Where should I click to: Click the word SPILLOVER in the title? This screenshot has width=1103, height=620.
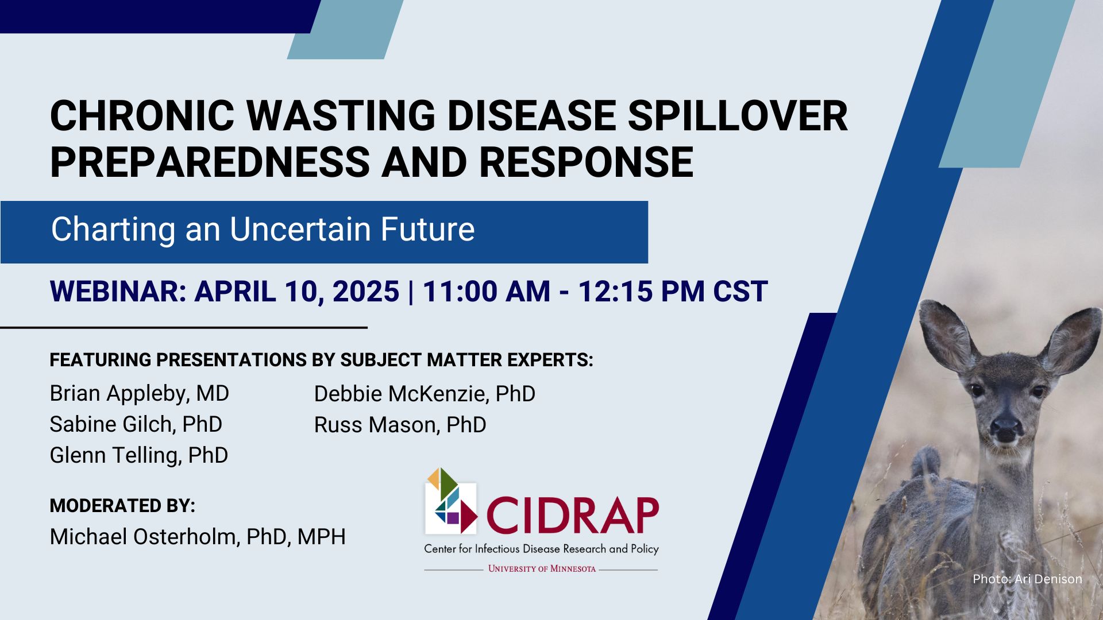pyautogui.click(x=737, y=117)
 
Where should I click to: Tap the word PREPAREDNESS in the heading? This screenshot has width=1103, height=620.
pyautogui.click(x=210, y=162)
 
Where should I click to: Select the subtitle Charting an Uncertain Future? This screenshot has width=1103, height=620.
pyautogui.click(x=263, y=230)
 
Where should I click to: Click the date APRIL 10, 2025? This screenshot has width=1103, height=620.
pyautogui.click(x=296, y=291)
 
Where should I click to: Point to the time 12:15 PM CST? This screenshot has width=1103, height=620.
pyautogui.click(x=672, y=291)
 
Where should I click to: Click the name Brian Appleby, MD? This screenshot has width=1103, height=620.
pyautogui.click(x=139, y=394)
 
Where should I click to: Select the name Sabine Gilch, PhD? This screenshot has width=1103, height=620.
pyautogui.click(x=136, y=425)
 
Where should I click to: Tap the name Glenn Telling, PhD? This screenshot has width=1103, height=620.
pyautogui.click(x=138, y=456)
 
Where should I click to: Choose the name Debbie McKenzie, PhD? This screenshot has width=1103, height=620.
pyautogui.click(x=425, y=394)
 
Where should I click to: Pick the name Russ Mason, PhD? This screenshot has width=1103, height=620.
pyautogui.click(x=400, y=425)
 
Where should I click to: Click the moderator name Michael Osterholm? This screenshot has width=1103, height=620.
pyautogui.click(x=143, y=537)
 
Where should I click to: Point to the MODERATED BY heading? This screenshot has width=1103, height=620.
pyautogui.click(x=122, y=506)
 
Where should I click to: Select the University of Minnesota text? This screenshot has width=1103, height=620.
pyautogui.click(x=542, y=569)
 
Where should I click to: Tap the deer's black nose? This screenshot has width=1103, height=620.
pyautogui.click(x=1006, y=428)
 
